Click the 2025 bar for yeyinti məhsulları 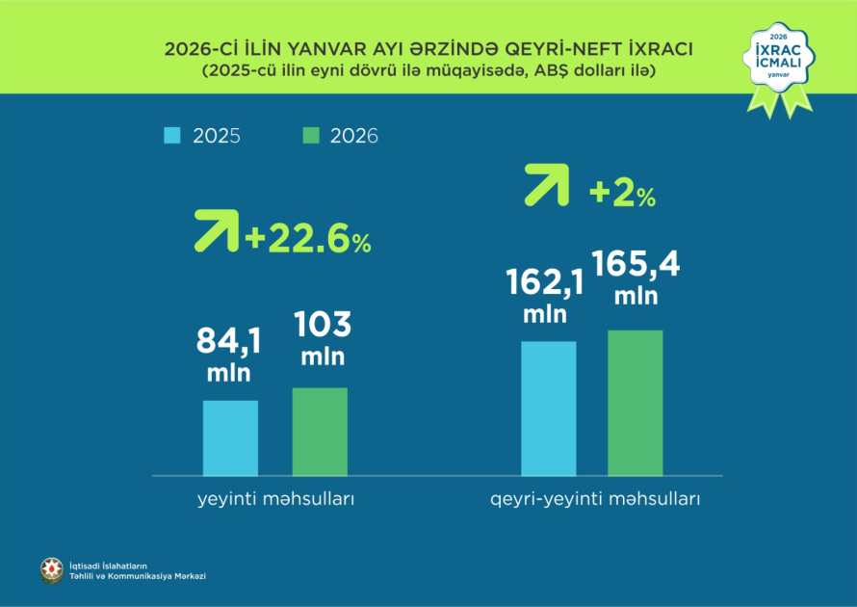(x=230, y=437)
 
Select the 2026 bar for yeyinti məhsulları (x=320, y=432)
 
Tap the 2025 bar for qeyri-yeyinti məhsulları (x=548, y=409)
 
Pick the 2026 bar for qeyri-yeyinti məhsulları (x=635, y=403)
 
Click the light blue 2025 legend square (x=171, y=135)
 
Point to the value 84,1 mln (x=228, y=354)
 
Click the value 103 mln (x=323, y=338)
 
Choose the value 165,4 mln (x=636, y=277)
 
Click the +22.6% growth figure (x=308, y=239)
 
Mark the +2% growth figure (x=622, y=194)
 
